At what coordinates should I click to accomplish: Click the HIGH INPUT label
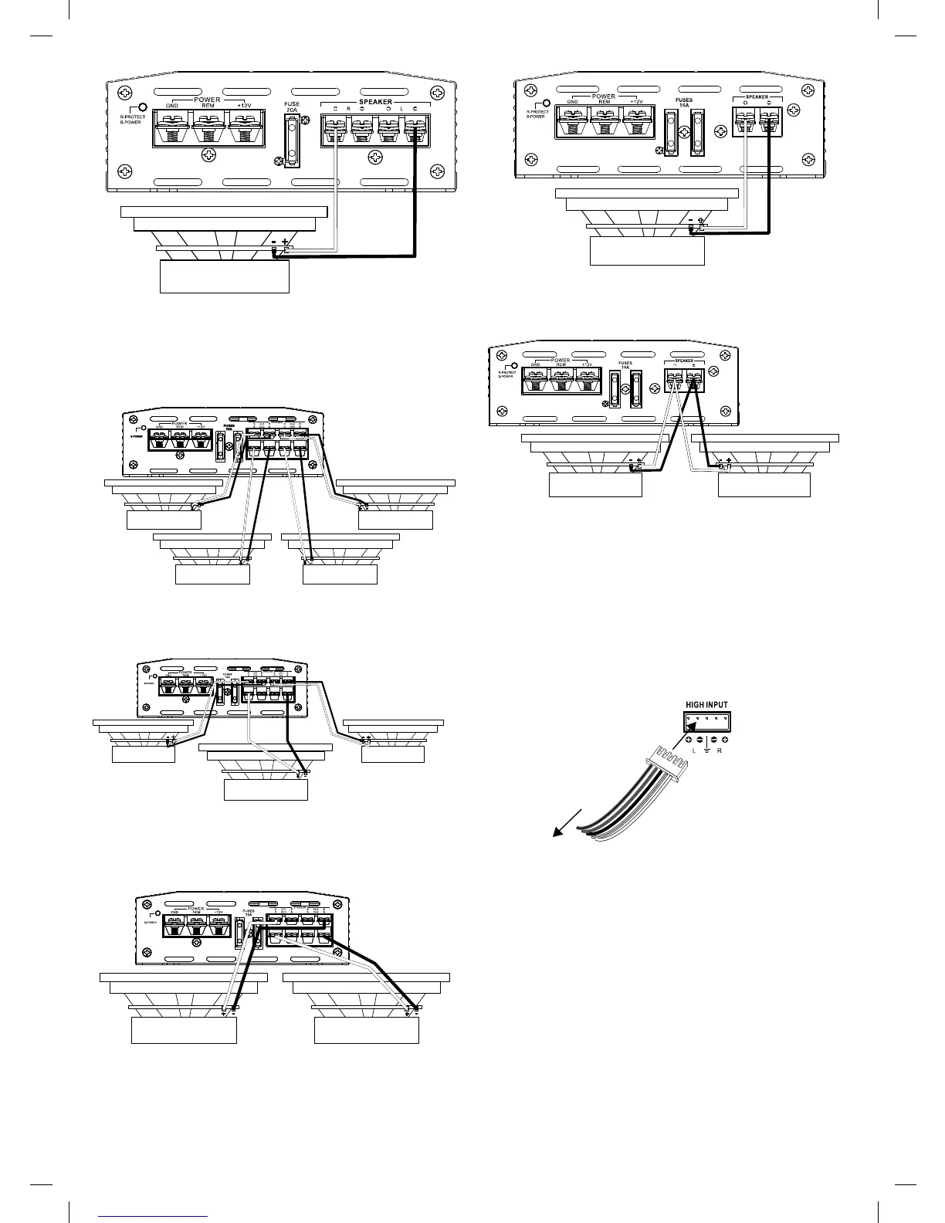[706, 704]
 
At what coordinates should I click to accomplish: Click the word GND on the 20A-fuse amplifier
[172, 105]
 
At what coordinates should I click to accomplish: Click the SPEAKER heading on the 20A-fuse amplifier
[375, 101]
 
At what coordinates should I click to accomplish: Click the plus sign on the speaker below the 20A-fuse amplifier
[286, 242]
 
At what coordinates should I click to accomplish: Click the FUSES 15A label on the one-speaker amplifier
[683, 103]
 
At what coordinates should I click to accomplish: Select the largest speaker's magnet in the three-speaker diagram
[265, 790]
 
